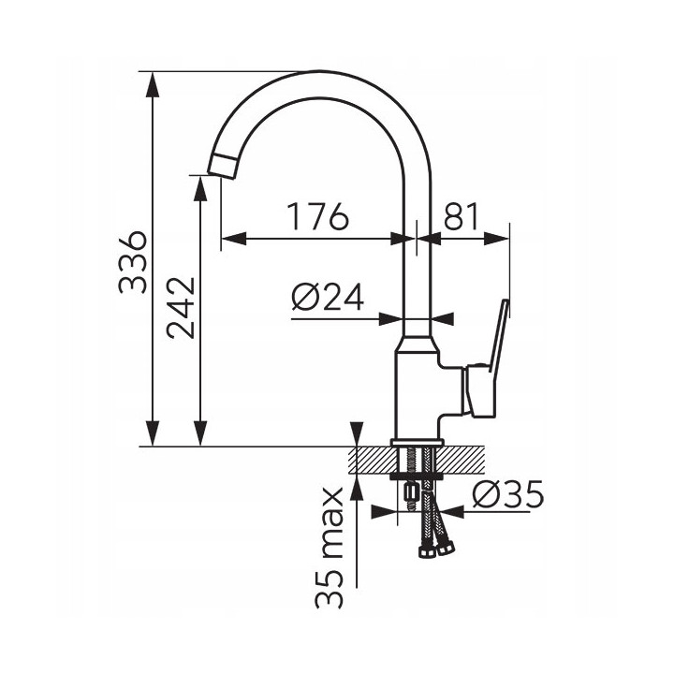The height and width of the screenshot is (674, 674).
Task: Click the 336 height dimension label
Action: tap(132, 262)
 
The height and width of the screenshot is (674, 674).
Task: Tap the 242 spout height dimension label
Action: tap(181, 308)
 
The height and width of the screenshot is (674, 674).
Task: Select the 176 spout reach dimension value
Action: tap(317, 216)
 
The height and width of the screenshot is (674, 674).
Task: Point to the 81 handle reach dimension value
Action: tap(461, 216)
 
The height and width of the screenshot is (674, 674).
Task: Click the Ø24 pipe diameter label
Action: tap(328, 297)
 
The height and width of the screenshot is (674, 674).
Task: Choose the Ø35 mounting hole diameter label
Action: tap(507, 494)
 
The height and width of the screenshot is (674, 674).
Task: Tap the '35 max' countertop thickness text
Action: tap(330, 548)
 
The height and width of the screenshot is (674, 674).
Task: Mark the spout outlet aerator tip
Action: tap(223, 166)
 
